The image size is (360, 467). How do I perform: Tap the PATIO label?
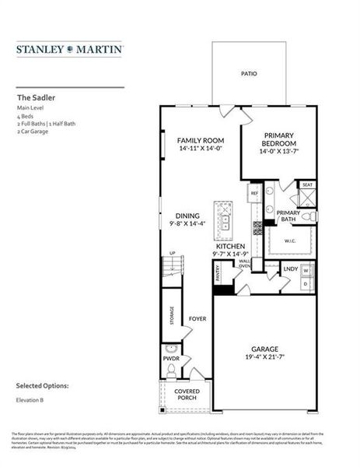click(249, 75)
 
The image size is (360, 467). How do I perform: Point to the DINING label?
click(187, 216)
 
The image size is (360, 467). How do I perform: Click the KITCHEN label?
click(230, 246)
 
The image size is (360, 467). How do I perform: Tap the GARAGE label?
click(264, 348)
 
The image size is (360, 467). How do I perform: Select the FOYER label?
click(197, 319)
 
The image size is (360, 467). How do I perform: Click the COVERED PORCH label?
click(187, 395)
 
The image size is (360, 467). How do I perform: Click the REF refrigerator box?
click(254, 191)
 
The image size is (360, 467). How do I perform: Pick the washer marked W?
click(306, 271)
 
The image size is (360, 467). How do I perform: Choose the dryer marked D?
click(306, 284)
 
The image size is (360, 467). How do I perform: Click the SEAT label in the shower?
click(307, 185)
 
